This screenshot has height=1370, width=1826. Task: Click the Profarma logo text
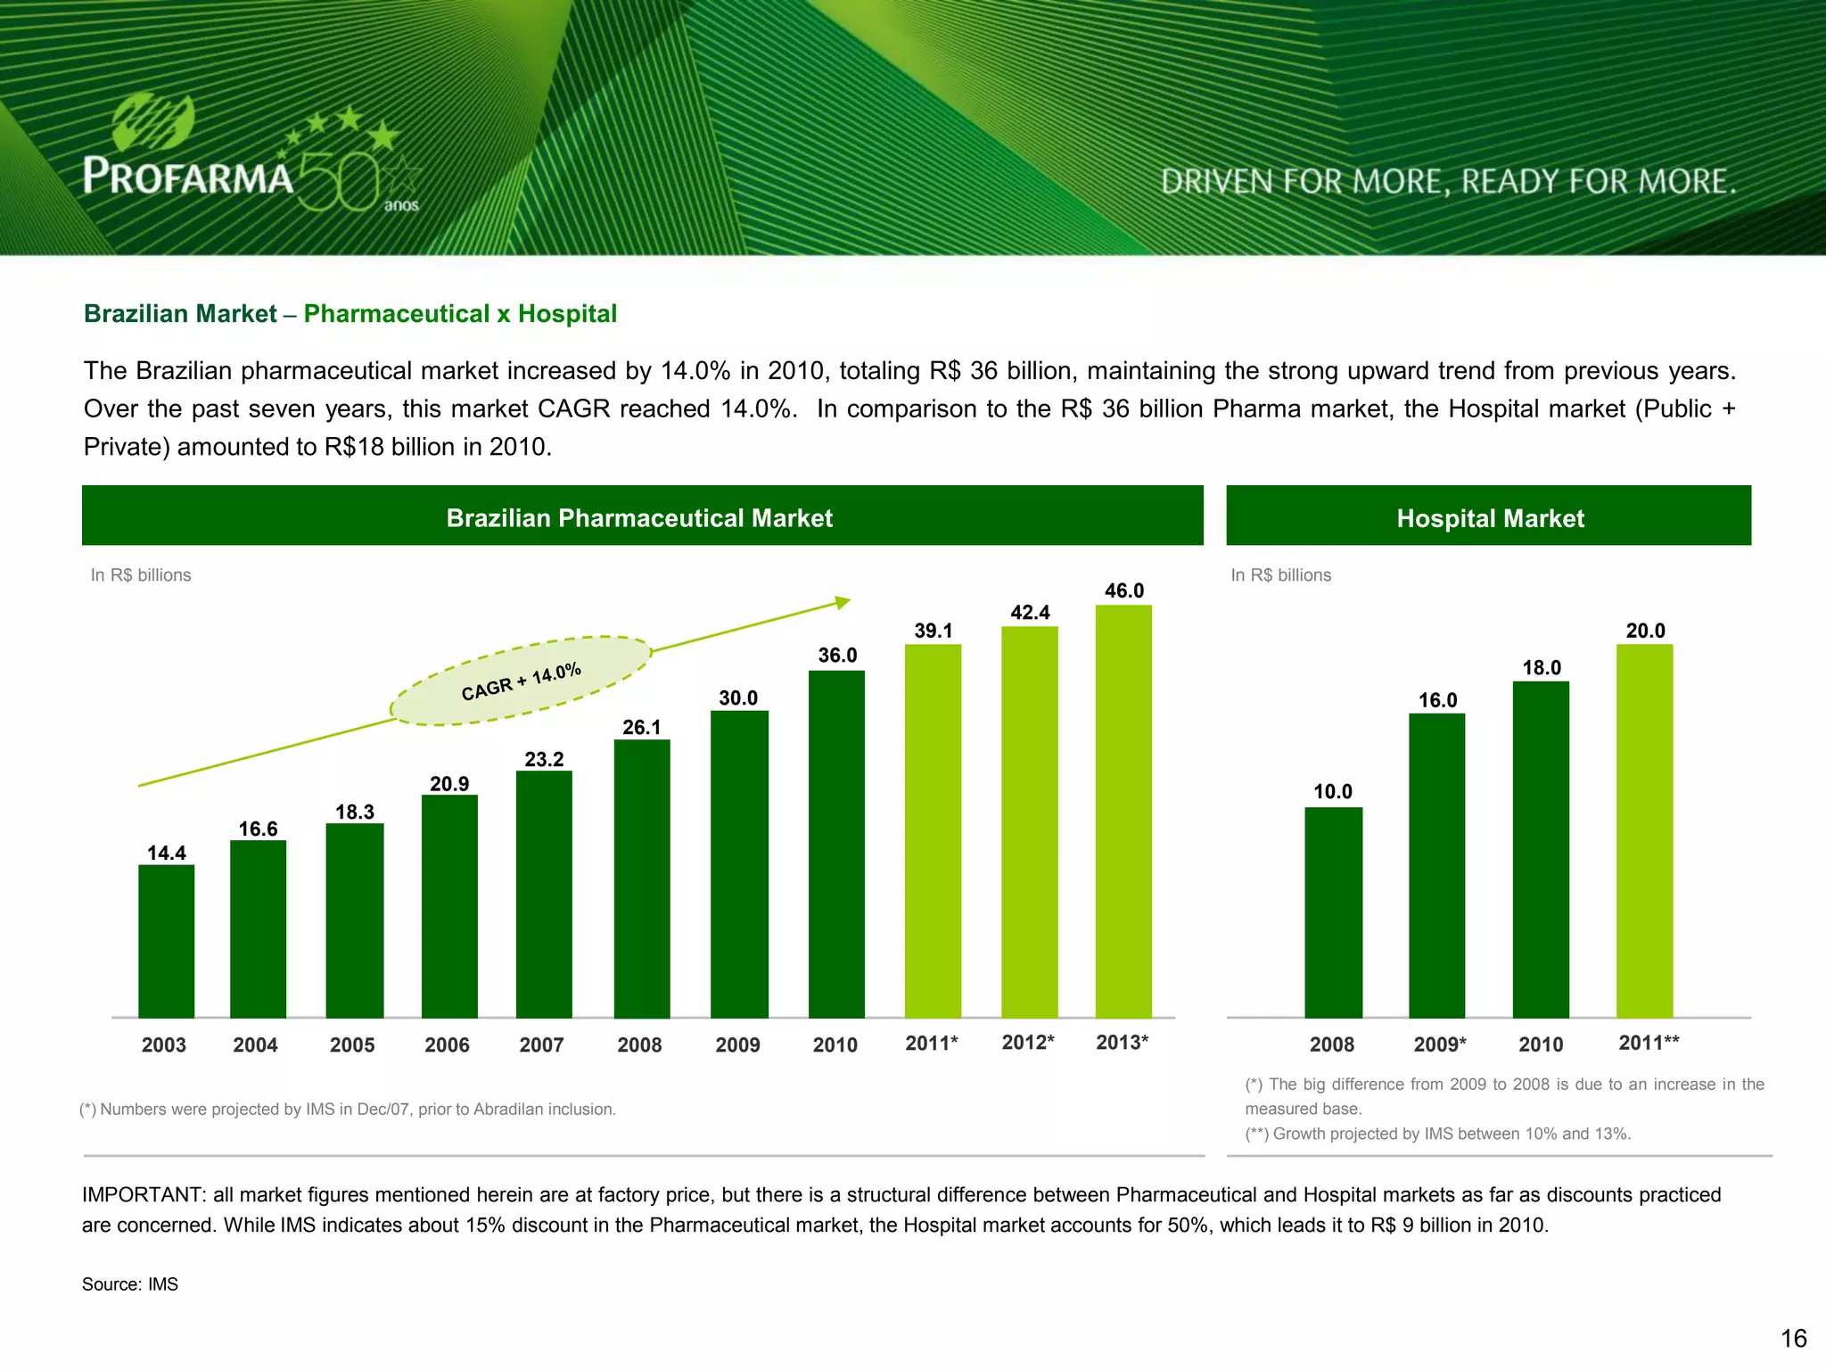pos(188,176)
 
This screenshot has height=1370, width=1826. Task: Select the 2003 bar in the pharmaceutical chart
pos(167,941)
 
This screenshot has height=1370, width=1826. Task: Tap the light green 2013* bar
pos(1123,812)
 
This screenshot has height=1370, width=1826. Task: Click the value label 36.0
pos(837,656)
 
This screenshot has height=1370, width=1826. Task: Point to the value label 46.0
pos(1123,590)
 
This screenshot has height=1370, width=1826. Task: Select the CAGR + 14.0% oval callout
pos(521,681)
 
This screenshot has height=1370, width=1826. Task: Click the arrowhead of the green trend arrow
pos(842,603)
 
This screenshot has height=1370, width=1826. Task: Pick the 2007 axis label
pos(541,1044)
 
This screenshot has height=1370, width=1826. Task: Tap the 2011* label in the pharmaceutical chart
pos(931,1043)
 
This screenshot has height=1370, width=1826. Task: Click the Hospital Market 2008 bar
pos(1333,912)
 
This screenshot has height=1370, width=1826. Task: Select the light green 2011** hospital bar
pos(1644,829)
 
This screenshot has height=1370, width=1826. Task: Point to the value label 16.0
pos(1437,700)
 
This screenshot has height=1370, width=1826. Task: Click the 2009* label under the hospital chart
pos(1439,1044)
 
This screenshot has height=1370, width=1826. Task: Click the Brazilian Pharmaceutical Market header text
pos(639,518)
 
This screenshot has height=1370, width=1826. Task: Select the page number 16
pos(1793,1338)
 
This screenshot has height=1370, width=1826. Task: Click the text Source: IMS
pos(130,1284)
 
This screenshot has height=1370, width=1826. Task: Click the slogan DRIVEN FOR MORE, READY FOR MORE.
pos(1448,182)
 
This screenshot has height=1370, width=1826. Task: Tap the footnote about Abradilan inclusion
pos(348,1110)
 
